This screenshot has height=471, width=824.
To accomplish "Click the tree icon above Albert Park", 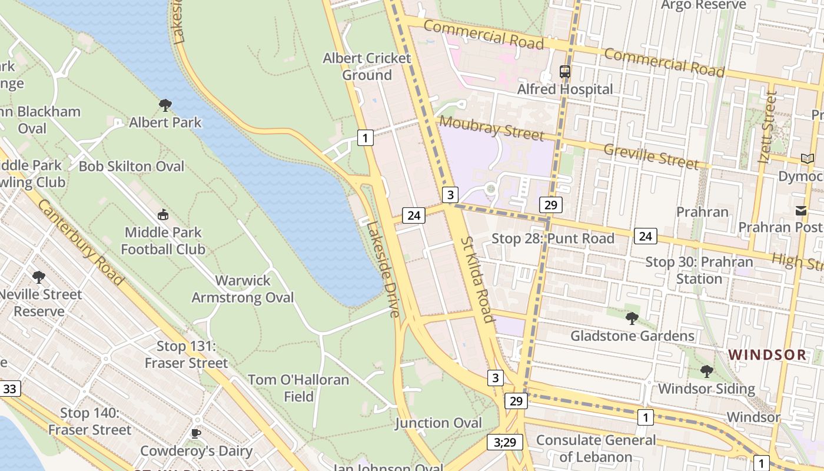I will [165, 105].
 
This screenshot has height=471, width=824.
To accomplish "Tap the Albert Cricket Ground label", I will [367, 67].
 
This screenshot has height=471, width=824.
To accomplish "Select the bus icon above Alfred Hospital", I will [565, 72].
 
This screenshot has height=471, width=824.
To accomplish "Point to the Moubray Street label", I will [491, 128].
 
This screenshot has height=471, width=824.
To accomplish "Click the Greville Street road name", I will [651, 157].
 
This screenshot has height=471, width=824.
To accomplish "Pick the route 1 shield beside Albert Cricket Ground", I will [366, 138].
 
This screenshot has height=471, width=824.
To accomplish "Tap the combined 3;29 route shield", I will [505, 442].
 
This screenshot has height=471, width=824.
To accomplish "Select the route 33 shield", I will [10, 389].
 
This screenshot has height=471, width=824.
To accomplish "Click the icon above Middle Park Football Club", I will [163, 215].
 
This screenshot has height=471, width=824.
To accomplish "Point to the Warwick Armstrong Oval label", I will [242, 289].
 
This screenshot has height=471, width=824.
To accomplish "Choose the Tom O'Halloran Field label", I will [298, 388].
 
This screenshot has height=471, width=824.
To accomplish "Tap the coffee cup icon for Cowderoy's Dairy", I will [196, 434].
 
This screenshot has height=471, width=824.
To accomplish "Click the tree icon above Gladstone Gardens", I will [632, 319].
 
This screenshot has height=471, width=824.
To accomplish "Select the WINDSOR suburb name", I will [767, 354].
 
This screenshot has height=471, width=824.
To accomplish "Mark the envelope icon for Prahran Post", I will [800, 210].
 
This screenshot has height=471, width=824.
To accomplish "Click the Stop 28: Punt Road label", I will [553, 238].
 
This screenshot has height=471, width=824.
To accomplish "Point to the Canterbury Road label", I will [80, 242].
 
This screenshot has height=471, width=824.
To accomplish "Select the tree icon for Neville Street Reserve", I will [39, 277].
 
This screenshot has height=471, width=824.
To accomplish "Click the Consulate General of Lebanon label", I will [596, 448].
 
